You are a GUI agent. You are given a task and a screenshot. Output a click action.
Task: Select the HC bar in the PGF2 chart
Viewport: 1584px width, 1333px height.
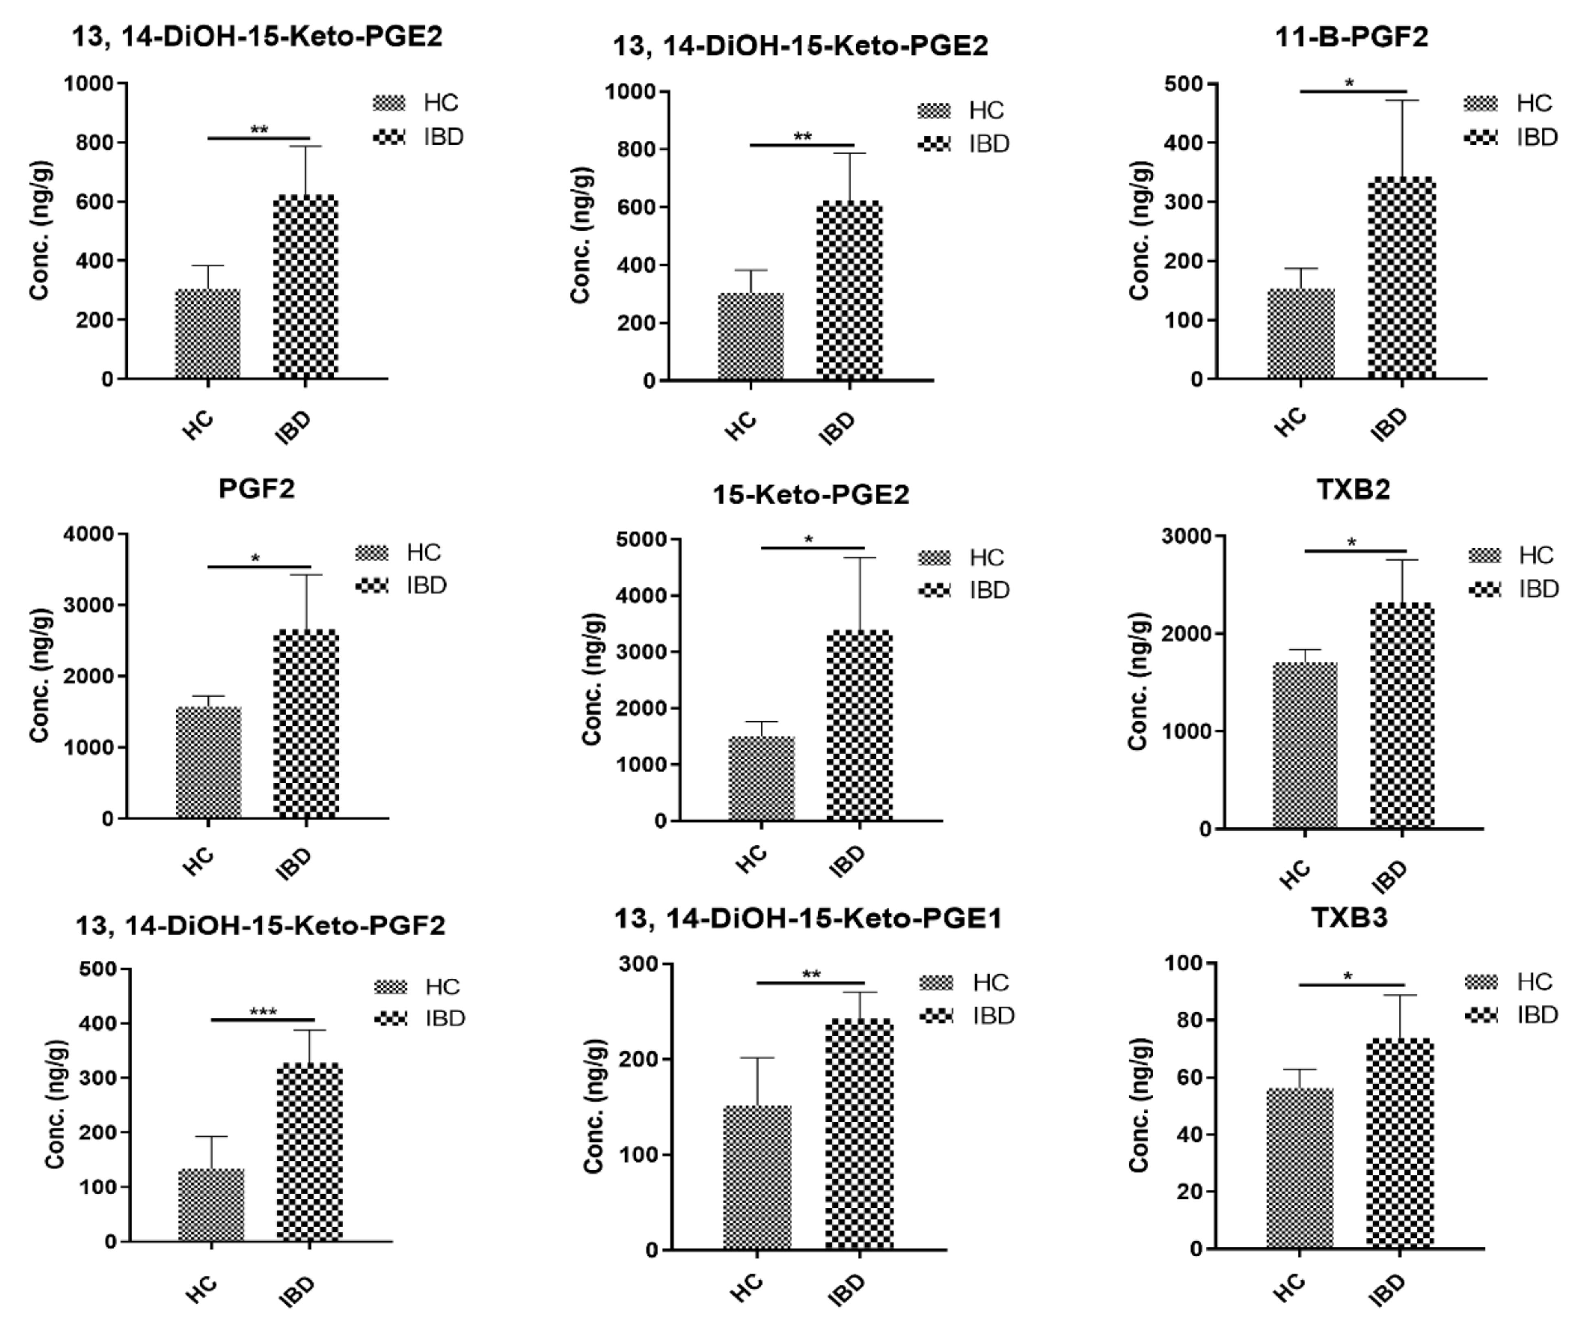point(209,763)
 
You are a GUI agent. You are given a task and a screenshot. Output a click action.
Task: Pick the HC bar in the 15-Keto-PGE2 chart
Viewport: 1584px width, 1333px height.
point(761,779)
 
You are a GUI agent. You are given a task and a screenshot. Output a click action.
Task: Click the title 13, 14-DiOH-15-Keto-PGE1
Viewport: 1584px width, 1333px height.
point(807,919)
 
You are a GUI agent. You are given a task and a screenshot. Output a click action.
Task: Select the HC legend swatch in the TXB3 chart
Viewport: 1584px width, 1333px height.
point(1481,981)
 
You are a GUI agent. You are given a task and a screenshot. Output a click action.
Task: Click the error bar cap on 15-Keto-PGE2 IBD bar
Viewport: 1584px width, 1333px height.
point(860,558)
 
